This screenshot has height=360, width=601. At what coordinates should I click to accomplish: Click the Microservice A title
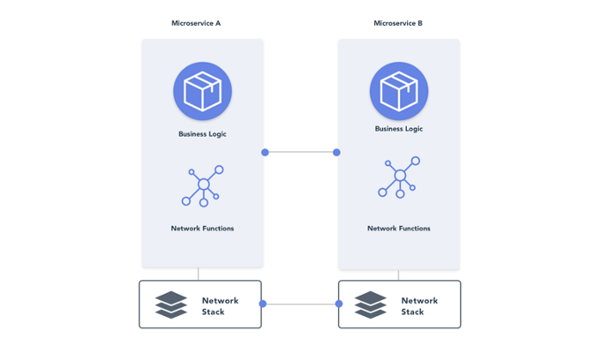tap(196, 23)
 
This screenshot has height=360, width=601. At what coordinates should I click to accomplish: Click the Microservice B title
tap(398, 23)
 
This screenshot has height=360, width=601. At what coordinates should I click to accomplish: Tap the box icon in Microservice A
tap(203, 90)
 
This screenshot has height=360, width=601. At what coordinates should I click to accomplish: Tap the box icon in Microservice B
tap(399, 90)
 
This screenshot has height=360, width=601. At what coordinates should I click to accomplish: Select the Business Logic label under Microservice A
tap(203, 134)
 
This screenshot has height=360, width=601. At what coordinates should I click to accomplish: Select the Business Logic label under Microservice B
tap(399, 129)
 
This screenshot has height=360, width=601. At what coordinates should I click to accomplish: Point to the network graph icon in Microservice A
tap(203, 186)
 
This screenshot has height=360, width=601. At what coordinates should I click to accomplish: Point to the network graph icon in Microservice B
tap(399, 177)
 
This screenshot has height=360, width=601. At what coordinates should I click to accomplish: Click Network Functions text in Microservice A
tap(203, 229)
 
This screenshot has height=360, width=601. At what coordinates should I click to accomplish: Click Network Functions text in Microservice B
tap(399, 229)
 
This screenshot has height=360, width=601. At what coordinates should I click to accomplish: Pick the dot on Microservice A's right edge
tap(265, 152)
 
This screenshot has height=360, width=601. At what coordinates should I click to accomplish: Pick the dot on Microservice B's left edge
tap(337, 152)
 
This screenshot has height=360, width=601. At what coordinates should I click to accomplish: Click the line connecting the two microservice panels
tap(300, 152)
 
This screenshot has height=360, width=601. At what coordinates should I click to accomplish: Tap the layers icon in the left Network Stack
tap(172, 305)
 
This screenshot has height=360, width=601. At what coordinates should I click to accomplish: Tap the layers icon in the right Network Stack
tap(371, 305)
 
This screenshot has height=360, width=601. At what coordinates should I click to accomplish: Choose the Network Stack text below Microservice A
tap(220, 306)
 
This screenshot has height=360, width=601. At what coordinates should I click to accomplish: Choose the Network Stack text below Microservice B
tap(419, 306)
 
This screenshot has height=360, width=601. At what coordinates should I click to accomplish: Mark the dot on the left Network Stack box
tap(263, 303)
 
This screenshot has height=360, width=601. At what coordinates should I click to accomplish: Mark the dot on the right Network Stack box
tap(339, 303)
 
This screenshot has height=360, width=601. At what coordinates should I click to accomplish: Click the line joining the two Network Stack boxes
tap(300, 303)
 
